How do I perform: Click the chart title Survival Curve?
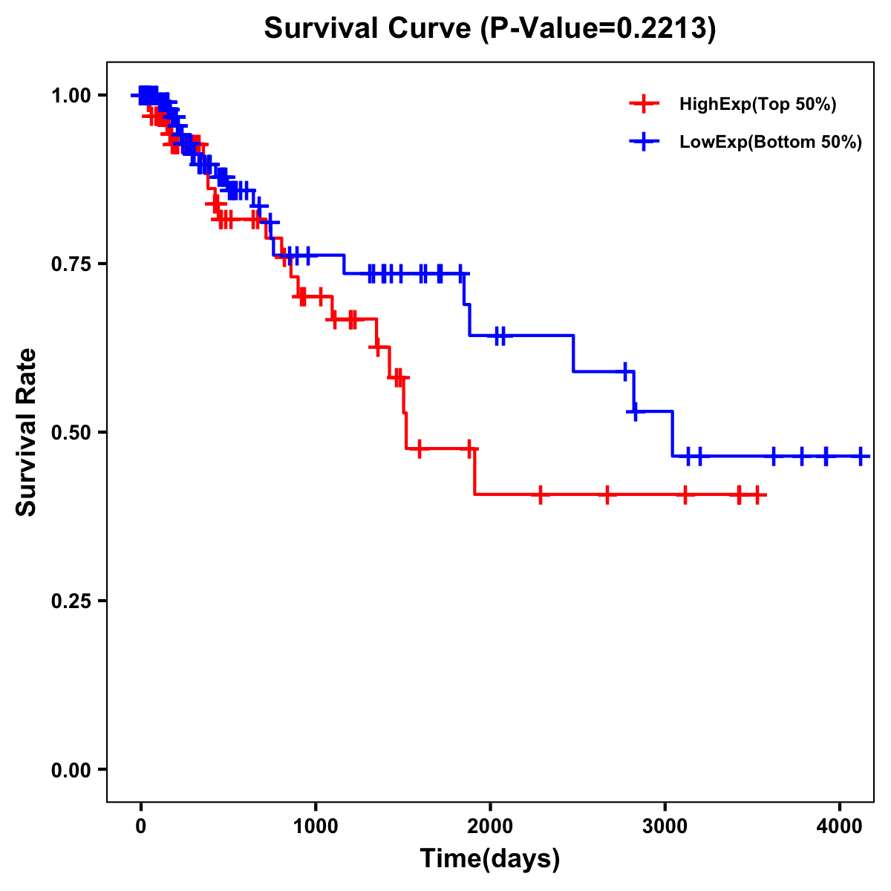coord(368,29)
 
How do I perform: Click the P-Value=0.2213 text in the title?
coord(598,29)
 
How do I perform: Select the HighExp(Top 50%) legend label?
coord(758,105)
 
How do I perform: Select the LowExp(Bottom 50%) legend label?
coord(771,143)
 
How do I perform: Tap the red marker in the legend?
coord(644,104)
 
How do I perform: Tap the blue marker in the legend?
coord(644,142)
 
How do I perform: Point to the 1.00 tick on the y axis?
coord(71,95)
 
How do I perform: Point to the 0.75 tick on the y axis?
coord(71,264)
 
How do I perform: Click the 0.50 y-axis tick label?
coord(71,432)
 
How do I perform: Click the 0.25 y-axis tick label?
coord(71,601)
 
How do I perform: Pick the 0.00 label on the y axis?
coord(71,769)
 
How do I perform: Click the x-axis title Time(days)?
coord(490,859)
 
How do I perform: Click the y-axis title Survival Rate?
coord(27,432)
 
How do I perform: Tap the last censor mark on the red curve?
coord(757,495)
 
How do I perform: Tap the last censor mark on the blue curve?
coord(860,456)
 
